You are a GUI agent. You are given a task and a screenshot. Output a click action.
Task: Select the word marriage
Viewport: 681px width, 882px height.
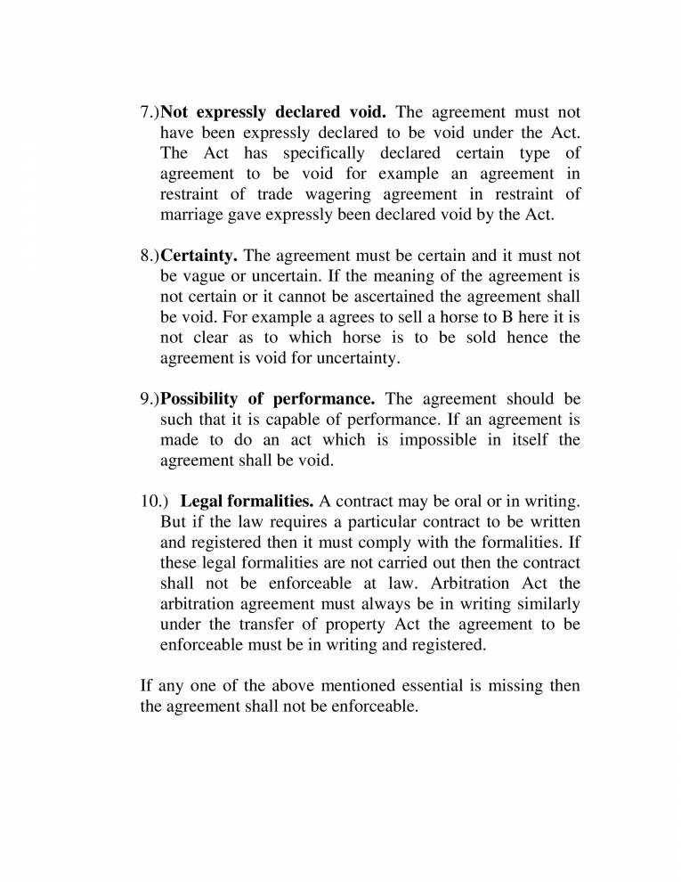[191, 215]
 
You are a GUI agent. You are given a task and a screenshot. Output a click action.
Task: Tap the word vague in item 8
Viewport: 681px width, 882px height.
[207, 277]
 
